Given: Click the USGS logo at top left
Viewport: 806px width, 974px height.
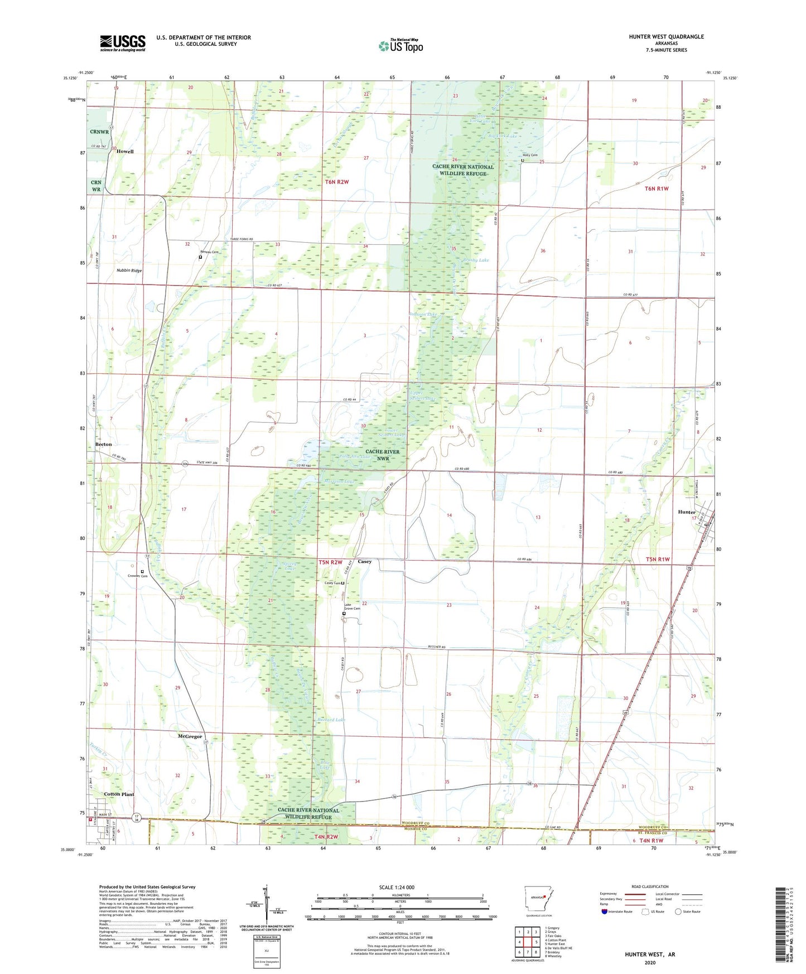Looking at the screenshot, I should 123,43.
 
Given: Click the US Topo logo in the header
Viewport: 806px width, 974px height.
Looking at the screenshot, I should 400,46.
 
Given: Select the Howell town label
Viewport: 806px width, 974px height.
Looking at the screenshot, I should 125,152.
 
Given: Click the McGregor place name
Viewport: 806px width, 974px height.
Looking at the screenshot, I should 190,736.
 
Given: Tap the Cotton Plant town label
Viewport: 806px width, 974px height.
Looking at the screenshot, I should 119,794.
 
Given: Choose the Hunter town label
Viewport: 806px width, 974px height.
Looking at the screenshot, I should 687,512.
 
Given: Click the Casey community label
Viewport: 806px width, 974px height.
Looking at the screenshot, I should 365,562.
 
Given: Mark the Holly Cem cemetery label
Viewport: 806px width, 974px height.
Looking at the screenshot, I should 530,155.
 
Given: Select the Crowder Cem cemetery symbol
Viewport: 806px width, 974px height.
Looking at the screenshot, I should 142,572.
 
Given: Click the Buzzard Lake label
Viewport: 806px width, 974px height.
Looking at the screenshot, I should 331,720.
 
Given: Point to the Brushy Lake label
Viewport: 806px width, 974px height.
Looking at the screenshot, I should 475,260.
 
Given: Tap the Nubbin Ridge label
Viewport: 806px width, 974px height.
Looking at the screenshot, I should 129,271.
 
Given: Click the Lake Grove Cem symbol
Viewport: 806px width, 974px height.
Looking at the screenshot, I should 344,614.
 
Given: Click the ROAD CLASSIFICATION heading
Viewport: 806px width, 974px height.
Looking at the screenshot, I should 650,887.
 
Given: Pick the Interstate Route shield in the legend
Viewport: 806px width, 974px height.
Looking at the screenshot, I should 605,912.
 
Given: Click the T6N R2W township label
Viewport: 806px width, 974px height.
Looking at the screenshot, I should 337,182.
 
